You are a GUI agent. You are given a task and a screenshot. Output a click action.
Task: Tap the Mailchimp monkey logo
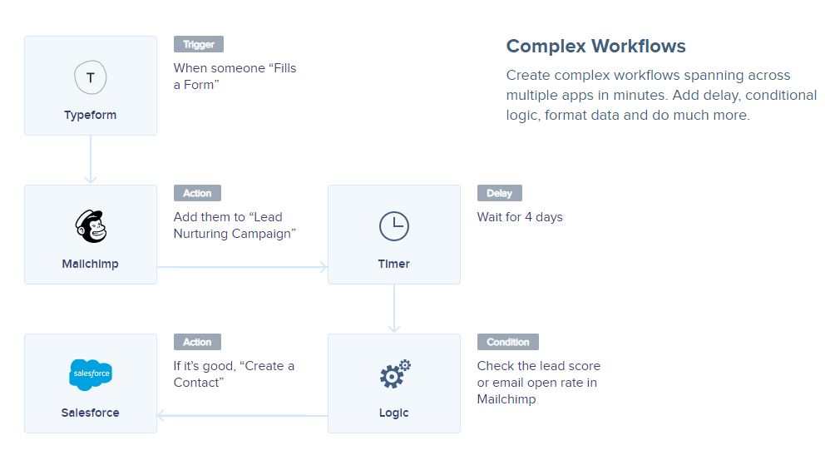91,226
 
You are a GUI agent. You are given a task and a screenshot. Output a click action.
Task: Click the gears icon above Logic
395,373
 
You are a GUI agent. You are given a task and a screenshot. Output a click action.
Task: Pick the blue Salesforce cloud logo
91,374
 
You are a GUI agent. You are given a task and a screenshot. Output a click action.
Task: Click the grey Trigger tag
199,44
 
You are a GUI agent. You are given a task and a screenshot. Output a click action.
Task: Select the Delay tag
499,193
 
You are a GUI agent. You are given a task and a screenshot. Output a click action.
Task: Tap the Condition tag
508,342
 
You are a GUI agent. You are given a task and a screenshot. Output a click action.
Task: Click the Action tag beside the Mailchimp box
197,193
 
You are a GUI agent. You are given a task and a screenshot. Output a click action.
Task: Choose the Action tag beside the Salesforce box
197,342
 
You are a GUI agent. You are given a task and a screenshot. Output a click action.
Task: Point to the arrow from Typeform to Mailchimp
91,160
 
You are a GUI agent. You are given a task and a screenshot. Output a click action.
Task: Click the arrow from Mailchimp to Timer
242,267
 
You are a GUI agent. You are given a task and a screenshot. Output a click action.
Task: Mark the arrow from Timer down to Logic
394,309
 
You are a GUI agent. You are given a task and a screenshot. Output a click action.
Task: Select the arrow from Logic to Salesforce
242,416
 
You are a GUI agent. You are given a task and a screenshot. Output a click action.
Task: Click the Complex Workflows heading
595,47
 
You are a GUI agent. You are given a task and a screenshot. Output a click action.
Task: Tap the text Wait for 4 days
520,217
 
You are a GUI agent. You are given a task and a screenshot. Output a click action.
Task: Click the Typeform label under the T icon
91,116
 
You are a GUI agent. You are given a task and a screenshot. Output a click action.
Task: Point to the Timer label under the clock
393,264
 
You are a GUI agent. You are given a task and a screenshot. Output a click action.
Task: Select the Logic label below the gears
393,413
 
